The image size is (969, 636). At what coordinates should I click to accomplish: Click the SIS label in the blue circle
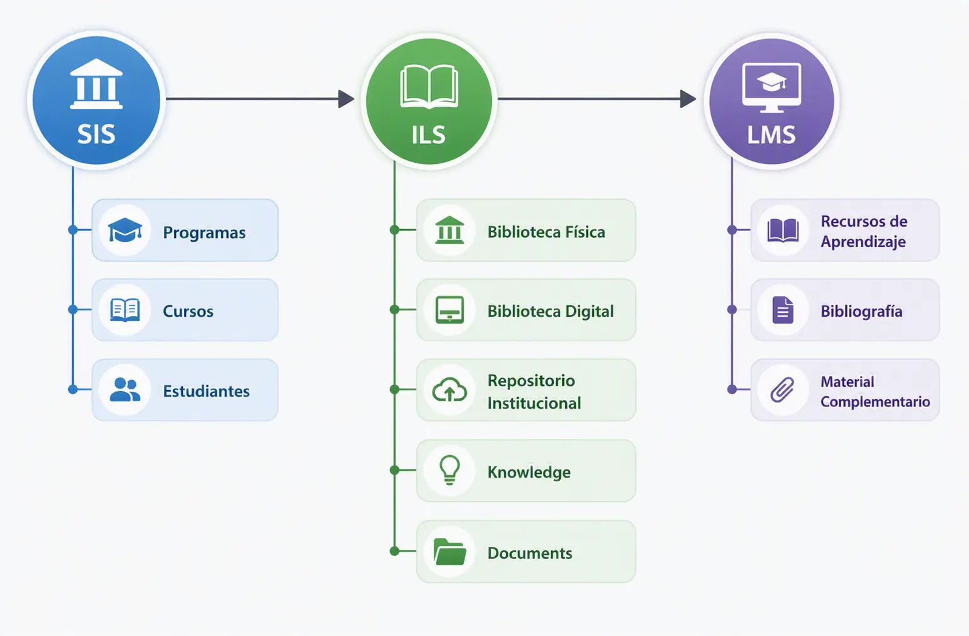pyautogui.click(x=96, y=134)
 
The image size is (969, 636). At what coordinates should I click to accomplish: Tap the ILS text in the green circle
pyautogui.click(x=428, y=135)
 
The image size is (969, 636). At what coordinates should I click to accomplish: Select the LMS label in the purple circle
pyautogui.click(x=771, y=135)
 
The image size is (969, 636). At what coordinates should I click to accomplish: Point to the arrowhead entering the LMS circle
pyautogui.click(x=688, y=99)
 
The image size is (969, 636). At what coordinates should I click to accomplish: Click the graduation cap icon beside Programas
pyautogui.click(x=125, y=230)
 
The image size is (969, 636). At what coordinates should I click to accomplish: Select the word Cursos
pyautogui.click(x=188, y=311)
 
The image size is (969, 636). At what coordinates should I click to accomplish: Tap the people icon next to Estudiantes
pyautogui.click(x=125, y=390)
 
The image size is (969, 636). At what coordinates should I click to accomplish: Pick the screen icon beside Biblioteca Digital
pyautogui.click(x=449, y=310)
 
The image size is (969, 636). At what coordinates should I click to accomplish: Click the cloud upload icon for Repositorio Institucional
pyautogui.click(x=449, y=390)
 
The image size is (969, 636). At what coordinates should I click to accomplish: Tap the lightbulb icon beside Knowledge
pyautogui.click(x=449, y=470)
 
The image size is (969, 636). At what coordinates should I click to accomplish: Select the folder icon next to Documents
pyautogui.click(x=449, y=551)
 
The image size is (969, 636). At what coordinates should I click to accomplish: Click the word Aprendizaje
pyautogui.click(x=863, y=242)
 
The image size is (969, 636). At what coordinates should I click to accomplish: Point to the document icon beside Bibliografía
pyautogui.click(x=783, y=310)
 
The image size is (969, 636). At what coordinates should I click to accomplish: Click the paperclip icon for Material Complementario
pyautogui.click(x=782, y=390)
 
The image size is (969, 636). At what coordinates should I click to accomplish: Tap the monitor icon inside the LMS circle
pyautogui.click(x=771, y=88)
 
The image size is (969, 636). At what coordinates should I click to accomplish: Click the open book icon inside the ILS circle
pyautogui.click(x=429, y=86)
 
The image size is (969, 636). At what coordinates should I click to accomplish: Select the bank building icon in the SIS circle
pyautogui.click(x=96, y=83)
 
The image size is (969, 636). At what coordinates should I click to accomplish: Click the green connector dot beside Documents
pyautogui.click(x=394, y=551)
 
